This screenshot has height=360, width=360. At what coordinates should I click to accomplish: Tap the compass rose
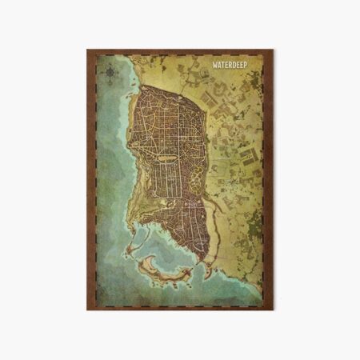click(109, 74)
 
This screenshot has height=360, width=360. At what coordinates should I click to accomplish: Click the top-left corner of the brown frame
click(88, 50)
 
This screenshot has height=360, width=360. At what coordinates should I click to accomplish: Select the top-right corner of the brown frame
click(273, 50)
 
